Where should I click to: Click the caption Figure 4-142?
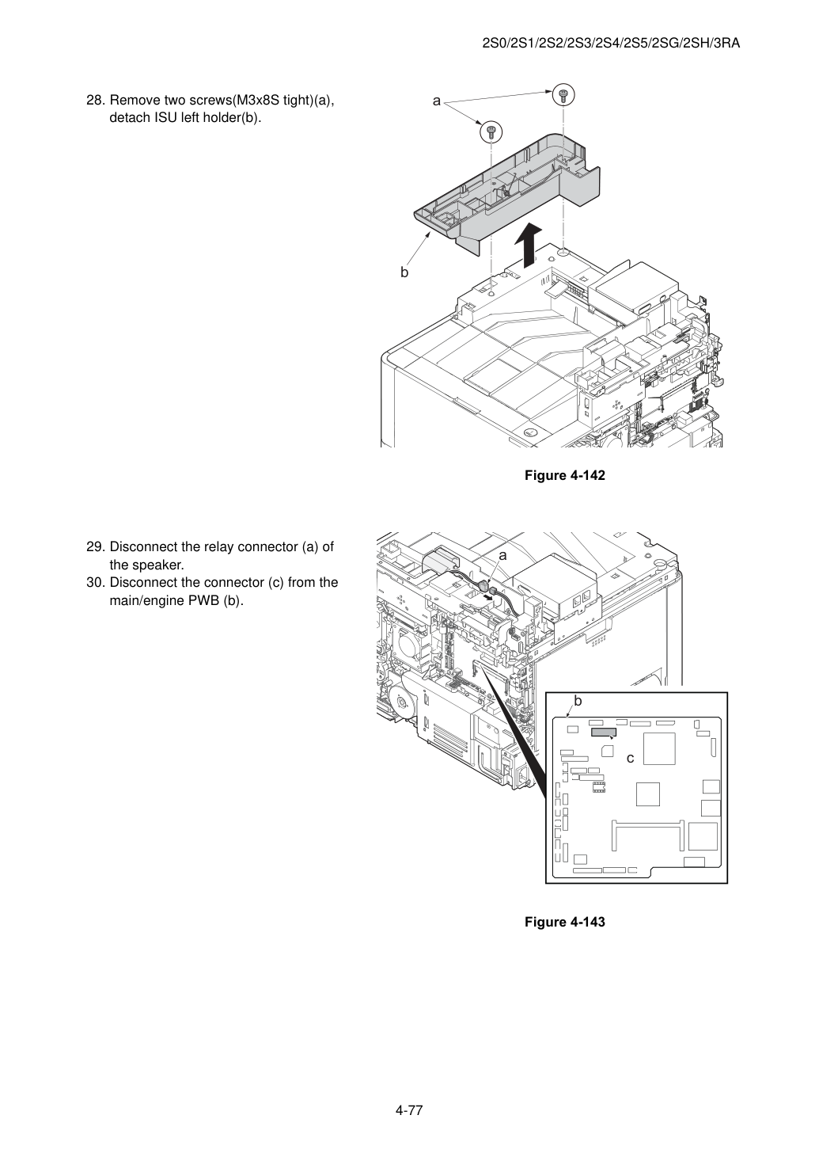point(564,475)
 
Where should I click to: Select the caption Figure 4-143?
point(564,922)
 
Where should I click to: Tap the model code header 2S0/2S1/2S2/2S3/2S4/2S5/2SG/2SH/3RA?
point(611,44)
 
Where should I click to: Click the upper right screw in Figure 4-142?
point(563,94)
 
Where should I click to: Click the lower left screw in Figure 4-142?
point(491,131)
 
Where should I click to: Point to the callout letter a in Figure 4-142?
point(437,101)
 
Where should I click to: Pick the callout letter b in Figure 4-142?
point(404,272)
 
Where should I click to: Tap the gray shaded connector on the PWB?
point(603,733)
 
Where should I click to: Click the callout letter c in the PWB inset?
point(630,759)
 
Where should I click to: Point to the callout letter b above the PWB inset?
point(578,701)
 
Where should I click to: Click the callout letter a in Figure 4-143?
point(502,556)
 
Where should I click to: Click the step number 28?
point(96,101)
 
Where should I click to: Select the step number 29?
point(96,547)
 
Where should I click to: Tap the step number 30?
point(96,583)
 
